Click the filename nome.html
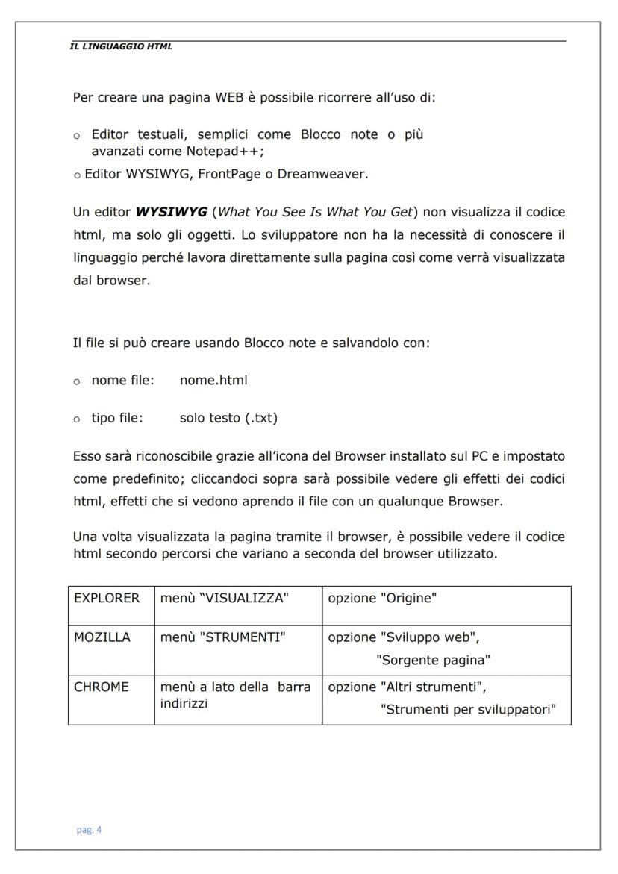point(213,380)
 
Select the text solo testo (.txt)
point(228,417)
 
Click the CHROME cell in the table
point(101,687)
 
